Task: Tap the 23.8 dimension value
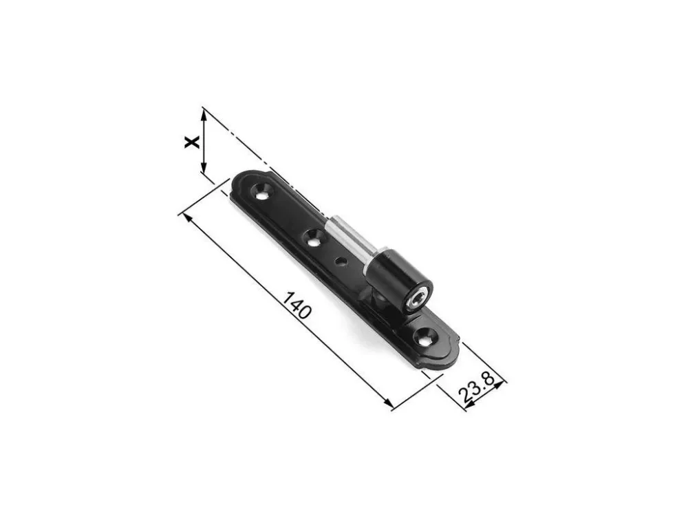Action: [477, 388]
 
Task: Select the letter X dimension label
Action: [192, 142]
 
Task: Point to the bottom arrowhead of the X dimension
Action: [203, 168]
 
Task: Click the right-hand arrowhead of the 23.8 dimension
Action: [500, 385]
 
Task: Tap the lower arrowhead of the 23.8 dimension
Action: [469, 407]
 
